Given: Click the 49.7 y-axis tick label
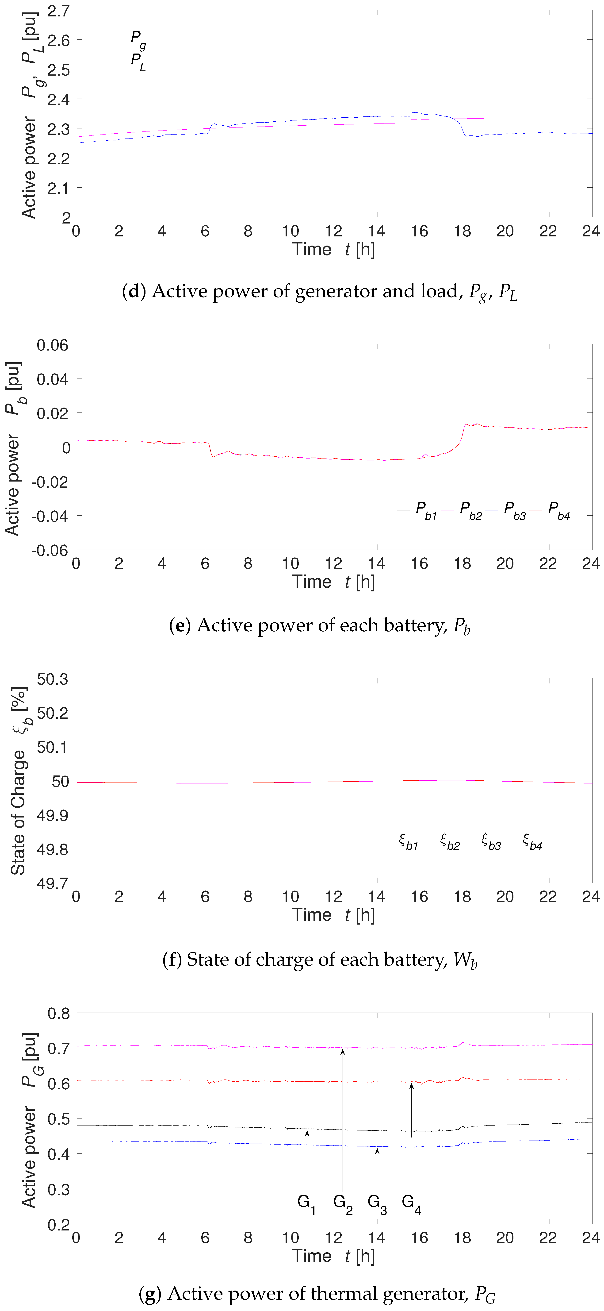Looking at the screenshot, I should tap(52, 883).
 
